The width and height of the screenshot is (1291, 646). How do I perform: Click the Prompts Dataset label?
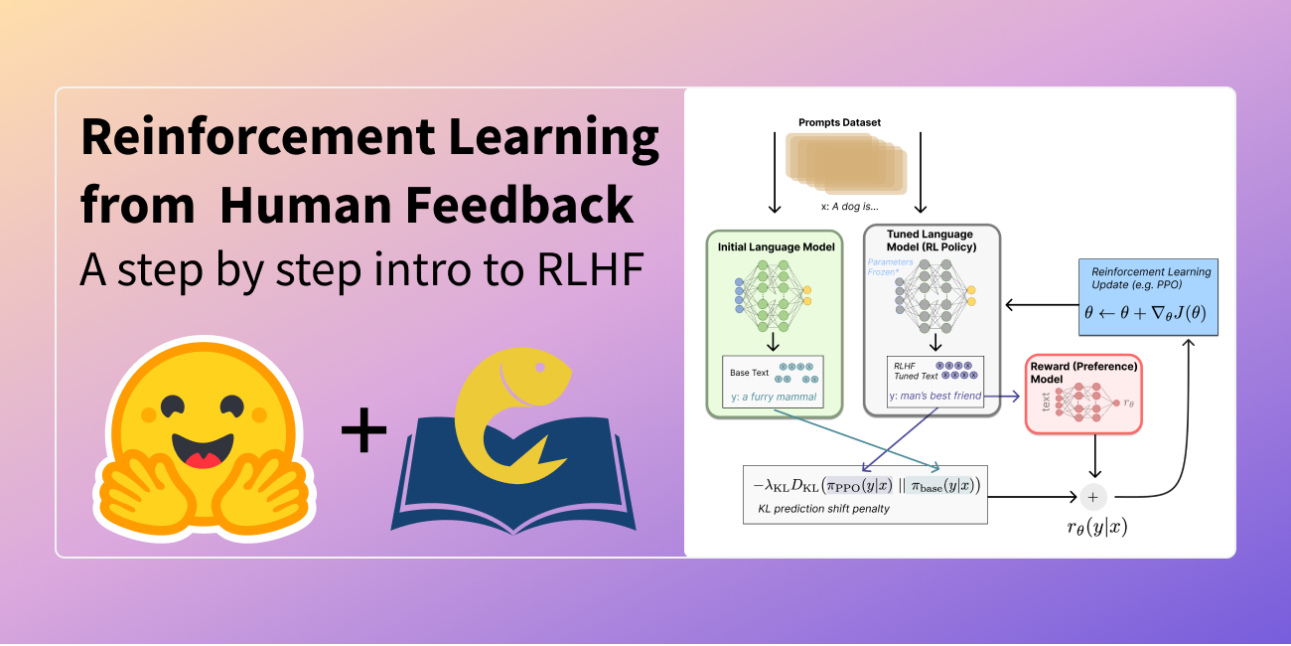click(840, 122)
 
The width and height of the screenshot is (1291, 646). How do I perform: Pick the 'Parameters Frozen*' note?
click(890, 267)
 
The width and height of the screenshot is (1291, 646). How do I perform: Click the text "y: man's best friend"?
click(934, 397)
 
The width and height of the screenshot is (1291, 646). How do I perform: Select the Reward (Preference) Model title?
click(1083, 373)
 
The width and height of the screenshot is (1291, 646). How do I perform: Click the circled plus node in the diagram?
click(1093, 495)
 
